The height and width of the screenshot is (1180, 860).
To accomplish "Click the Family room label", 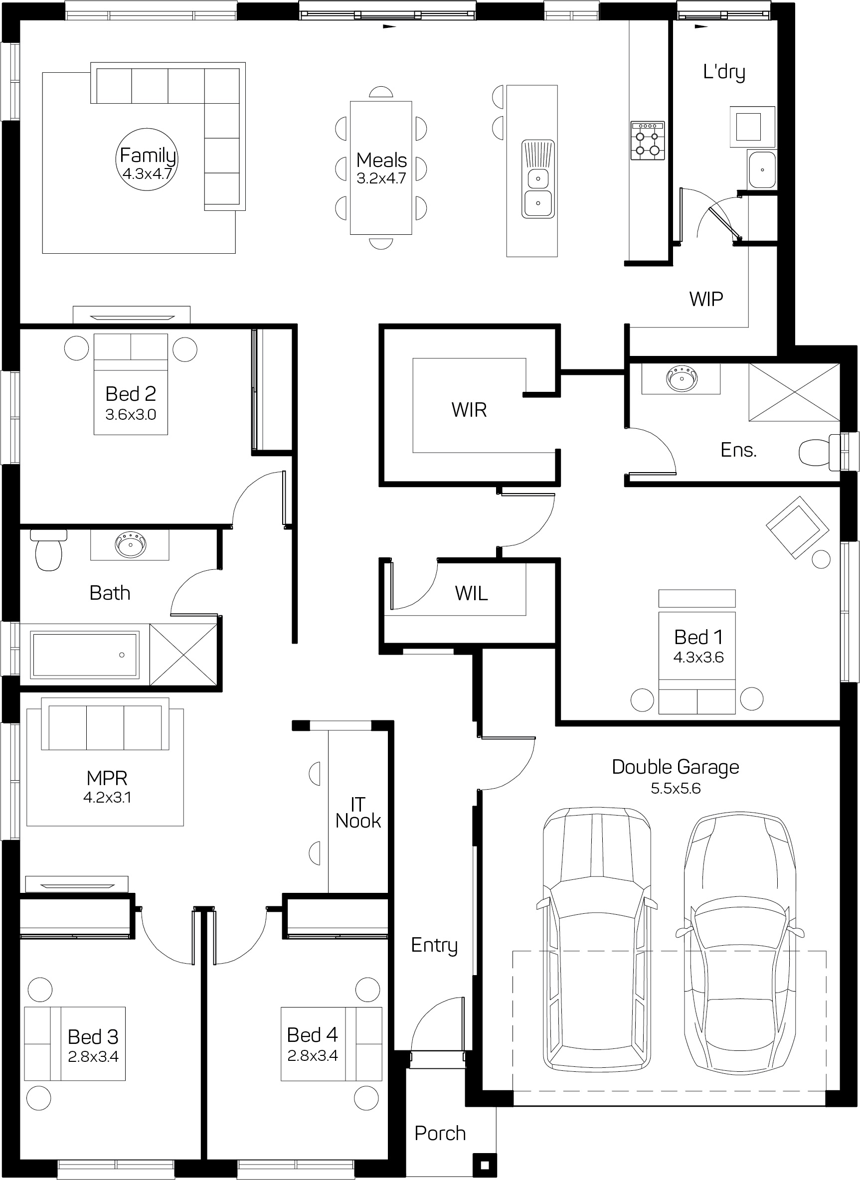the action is [148, 155].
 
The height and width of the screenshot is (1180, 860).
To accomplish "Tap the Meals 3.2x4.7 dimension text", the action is [381, 178].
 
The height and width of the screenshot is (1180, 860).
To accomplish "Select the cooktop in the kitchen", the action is [648, 141].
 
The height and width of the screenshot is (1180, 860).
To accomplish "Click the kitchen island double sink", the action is [538, 178].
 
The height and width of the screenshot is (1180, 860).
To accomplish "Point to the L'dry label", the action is [724, 72].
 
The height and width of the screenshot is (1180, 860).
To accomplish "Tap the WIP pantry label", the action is [706, 299].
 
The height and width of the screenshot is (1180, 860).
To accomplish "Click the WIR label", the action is [469, 410].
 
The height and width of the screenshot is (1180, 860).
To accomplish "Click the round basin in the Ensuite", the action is [682, 378].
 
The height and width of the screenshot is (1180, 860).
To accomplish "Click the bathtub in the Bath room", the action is [85, 655].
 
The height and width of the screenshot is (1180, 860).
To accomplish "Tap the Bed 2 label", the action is [131, 393].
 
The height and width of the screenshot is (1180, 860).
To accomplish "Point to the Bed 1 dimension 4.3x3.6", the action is [698, 658].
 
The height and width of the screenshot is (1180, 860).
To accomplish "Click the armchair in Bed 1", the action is [798, 527].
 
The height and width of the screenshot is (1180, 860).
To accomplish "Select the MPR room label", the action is [107, 778].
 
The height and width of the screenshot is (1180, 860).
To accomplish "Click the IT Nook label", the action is [358, 813].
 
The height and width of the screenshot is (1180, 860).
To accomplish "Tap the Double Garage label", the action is [675, 767].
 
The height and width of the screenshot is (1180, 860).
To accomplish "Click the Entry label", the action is [434, 945].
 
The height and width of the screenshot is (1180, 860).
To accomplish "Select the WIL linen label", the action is [471, 593].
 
